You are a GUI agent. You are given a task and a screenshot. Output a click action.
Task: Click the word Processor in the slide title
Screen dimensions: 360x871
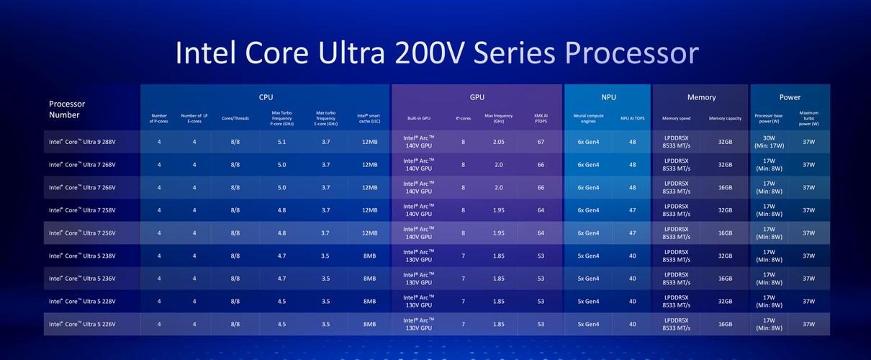pos(632,54)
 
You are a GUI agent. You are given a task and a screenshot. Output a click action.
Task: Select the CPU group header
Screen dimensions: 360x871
pos(266,97)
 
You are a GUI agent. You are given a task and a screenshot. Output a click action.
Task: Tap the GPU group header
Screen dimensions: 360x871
pos(476,97)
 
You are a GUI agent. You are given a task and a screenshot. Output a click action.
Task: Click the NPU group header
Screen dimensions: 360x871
pos(608,97)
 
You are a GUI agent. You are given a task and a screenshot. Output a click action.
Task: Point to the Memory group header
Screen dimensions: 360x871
pos(701,97)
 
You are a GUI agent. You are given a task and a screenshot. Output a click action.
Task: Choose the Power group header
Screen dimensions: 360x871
pos(790,97)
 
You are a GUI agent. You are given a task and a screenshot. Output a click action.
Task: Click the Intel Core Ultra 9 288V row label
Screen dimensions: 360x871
pos(82,142)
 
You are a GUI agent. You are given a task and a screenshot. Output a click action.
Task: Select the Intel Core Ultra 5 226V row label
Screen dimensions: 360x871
pos(82,324)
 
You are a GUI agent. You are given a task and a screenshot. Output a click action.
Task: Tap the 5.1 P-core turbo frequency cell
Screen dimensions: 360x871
pos(281,142)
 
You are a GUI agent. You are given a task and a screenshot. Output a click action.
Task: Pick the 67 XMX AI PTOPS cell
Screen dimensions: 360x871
pos(540,142)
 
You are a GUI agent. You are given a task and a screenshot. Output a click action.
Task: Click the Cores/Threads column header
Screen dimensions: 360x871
pos(235,118)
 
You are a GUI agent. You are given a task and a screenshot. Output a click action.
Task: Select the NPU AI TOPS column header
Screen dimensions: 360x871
pos(633,118)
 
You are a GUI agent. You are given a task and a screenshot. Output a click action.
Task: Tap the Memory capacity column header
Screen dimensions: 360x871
pos(725,118)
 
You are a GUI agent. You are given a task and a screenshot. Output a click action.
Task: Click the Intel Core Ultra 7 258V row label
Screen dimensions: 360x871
pos(82,210)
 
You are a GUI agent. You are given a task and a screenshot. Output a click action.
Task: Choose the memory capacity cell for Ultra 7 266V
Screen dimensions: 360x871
pos(725,187)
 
